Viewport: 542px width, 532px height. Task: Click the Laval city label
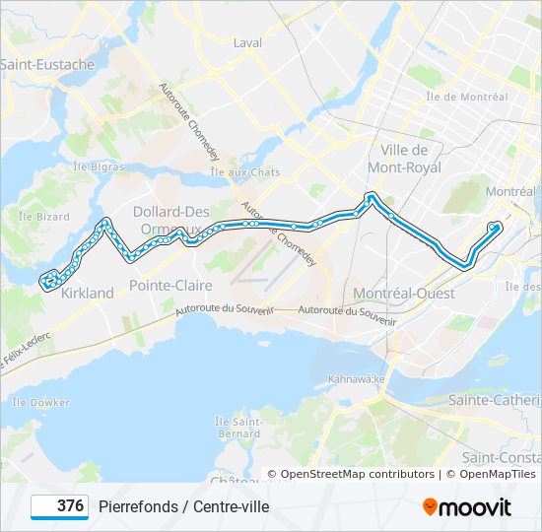tap(248, 42)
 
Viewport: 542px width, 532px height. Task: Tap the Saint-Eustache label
tap(47, 65)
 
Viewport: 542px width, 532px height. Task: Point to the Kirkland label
tap(88, 293)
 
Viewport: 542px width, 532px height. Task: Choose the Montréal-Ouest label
tap(404, 294)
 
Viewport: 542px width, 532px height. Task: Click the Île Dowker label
tap(41, 402)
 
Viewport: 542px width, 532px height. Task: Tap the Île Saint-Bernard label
tap(238, 428)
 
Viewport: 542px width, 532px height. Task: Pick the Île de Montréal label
tap(467, 97)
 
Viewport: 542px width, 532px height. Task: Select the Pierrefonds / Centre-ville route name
tap(183, 506)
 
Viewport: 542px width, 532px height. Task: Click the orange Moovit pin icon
tap(431, 507)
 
